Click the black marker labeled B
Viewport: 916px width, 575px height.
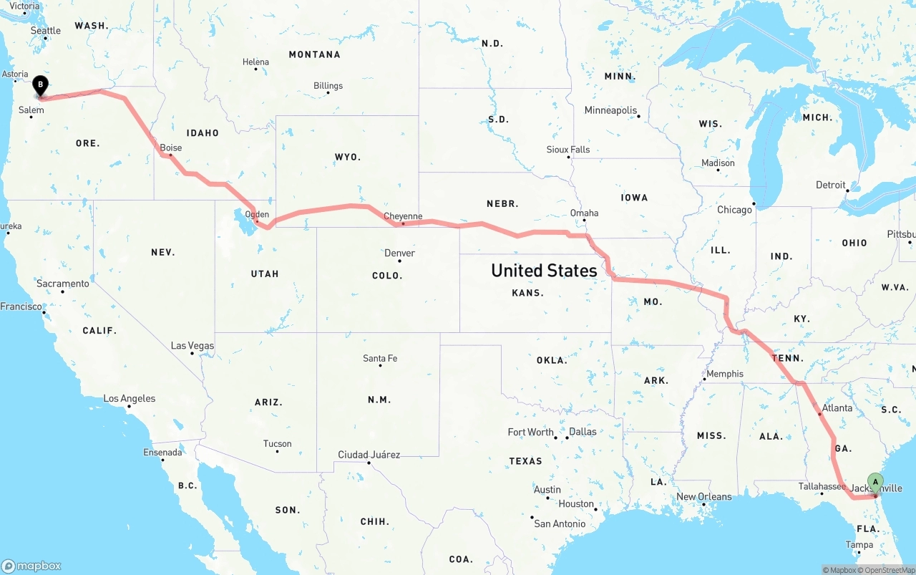coord(41,86)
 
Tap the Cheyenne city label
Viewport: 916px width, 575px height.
coord(403,216)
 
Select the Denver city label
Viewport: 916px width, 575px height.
coord(399,253)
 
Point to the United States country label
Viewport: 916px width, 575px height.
coord(544,271)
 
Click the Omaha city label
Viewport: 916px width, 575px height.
coord(584,213)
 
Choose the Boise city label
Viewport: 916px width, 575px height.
coord(170,148)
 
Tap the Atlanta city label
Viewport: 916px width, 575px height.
coord(837,408)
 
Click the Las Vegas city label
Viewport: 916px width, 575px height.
coord(193,346)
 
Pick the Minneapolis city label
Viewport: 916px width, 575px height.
coord(610,110)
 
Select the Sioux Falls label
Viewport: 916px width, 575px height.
coord(568,150)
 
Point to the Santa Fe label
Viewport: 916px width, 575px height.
coord(380,358)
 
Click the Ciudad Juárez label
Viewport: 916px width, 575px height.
coord(369,455)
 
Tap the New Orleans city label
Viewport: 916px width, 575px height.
coord(704,496)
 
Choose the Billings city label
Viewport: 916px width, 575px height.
coord(328,86)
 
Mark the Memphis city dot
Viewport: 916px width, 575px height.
coord(704,380)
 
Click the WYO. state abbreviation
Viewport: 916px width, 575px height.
coord(348,157)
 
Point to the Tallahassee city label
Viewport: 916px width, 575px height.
coord(822,486)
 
